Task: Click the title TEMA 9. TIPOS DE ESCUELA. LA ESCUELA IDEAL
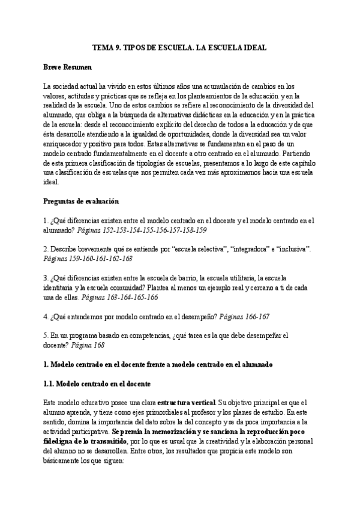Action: [x=179, y=46]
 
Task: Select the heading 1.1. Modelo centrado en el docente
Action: [x=97, y=383]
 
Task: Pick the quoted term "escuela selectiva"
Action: [x=202, y=248]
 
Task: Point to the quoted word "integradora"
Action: [x=251, y=248]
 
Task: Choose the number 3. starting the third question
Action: [x=47, y=277]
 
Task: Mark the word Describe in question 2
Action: [x=65, y=248]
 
